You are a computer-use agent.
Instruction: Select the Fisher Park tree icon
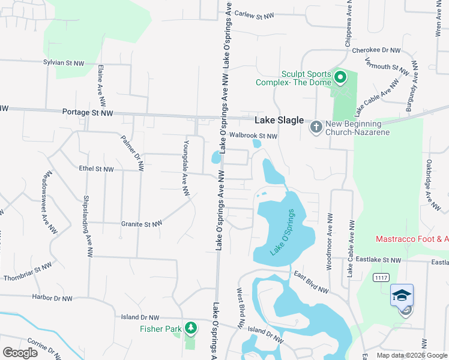tap(190, 328)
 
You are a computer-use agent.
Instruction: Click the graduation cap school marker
tap(402, 295)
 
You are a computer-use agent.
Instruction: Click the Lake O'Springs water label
tap(283, 232)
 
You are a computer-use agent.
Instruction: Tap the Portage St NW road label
tap(87, 113)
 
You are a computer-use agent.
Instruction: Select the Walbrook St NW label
tap(254, 136)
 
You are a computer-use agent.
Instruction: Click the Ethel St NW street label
tap(96, 170)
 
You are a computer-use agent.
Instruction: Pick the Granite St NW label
tap(142, 224)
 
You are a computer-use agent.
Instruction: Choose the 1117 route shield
tap(380, 277)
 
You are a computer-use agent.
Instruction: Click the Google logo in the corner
tap(20, 353)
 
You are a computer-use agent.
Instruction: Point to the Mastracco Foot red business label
tap(412, 239)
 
